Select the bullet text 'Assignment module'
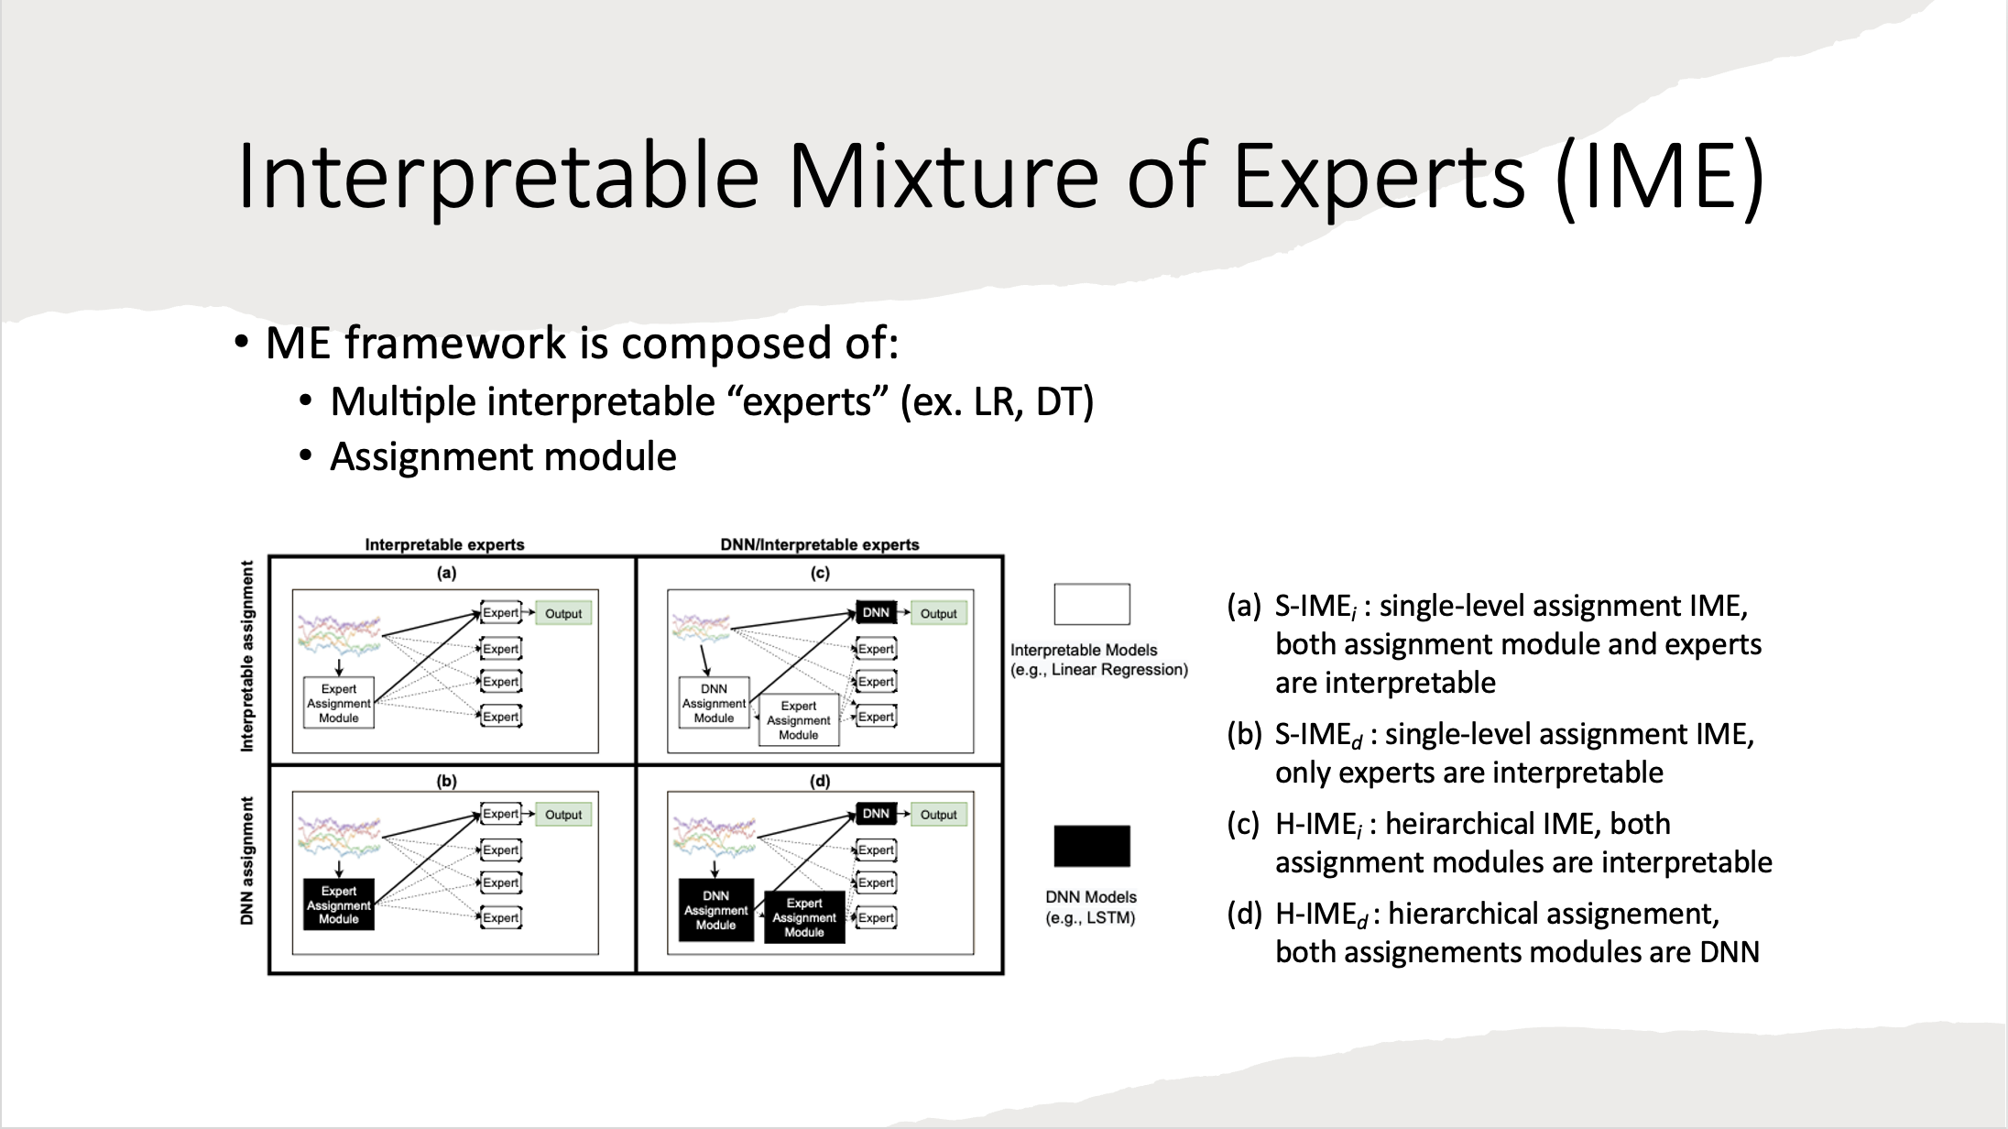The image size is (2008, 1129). click(503, 456)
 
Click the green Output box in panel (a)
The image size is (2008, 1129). click(563, 613)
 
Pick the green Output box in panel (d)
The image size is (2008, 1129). click(938, 814)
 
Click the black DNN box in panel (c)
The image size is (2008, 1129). click(876, 612)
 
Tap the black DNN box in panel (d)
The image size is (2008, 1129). click(876, 813)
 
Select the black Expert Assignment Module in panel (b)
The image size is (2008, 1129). click(339, 904)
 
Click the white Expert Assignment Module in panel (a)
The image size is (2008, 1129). click(339, 703)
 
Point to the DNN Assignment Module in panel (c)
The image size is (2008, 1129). click(714, 703)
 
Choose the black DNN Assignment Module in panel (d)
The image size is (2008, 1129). click(715, 910)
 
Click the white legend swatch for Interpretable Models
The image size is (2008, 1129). click(1092, 604)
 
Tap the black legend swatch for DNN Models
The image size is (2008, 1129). click(1092, 846)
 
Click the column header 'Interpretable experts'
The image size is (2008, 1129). click(445, 544)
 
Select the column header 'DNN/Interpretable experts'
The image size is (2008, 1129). click(820, 544)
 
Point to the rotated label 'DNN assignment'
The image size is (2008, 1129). click(246, 860)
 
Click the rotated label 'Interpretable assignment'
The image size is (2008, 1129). click(246, 657)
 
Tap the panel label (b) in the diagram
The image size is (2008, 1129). click(446, 781)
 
